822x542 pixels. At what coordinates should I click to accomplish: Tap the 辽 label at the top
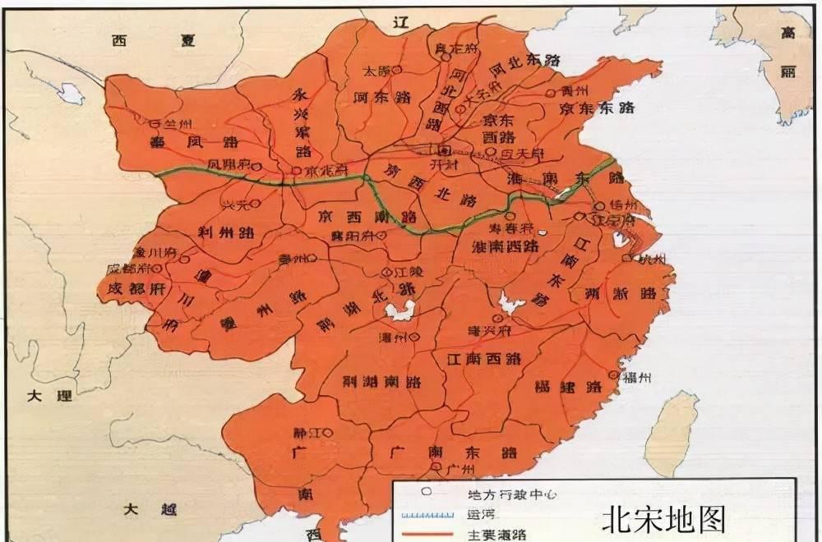[x=401, y=22]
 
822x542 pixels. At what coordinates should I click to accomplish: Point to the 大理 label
[x=48, y=396]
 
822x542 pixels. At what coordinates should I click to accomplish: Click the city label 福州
[x=637, y=377]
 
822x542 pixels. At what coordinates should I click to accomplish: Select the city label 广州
[x=462, y=470]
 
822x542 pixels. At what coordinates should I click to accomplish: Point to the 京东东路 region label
[x=598, y=108]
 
